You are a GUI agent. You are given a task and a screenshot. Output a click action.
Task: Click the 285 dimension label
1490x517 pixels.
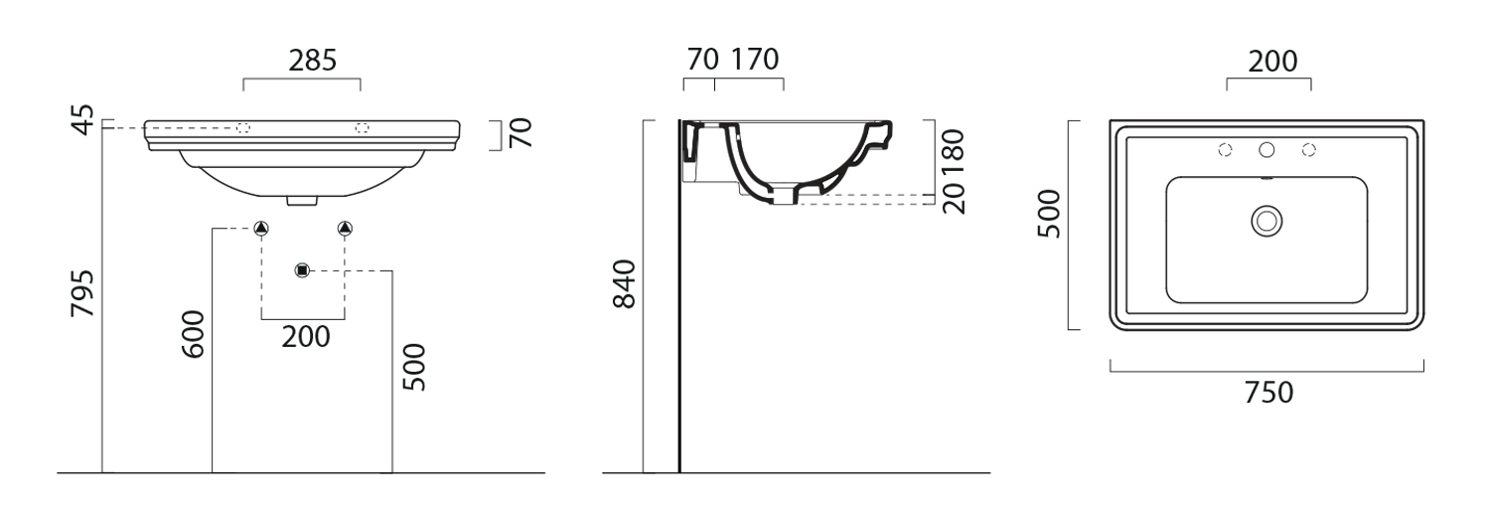coord(313,61)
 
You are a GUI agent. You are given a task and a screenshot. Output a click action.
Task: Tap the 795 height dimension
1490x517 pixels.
coord(83,292)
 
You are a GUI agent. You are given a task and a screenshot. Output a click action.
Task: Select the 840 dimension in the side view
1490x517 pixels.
coord(625,284)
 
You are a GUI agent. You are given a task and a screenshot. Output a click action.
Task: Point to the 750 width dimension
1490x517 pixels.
coord(1268,393)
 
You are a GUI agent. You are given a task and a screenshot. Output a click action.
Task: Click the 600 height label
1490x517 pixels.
coord(194,334)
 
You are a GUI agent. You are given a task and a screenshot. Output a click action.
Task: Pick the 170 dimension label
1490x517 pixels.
coord(756,60)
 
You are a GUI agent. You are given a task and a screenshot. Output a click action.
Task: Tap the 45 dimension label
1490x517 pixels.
coord(83,119)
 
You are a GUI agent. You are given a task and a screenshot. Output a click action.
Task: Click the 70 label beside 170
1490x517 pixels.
coord(703,60)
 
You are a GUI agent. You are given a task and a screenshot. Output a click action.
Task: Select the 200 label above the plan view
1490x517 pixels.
coord(1272,62)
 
